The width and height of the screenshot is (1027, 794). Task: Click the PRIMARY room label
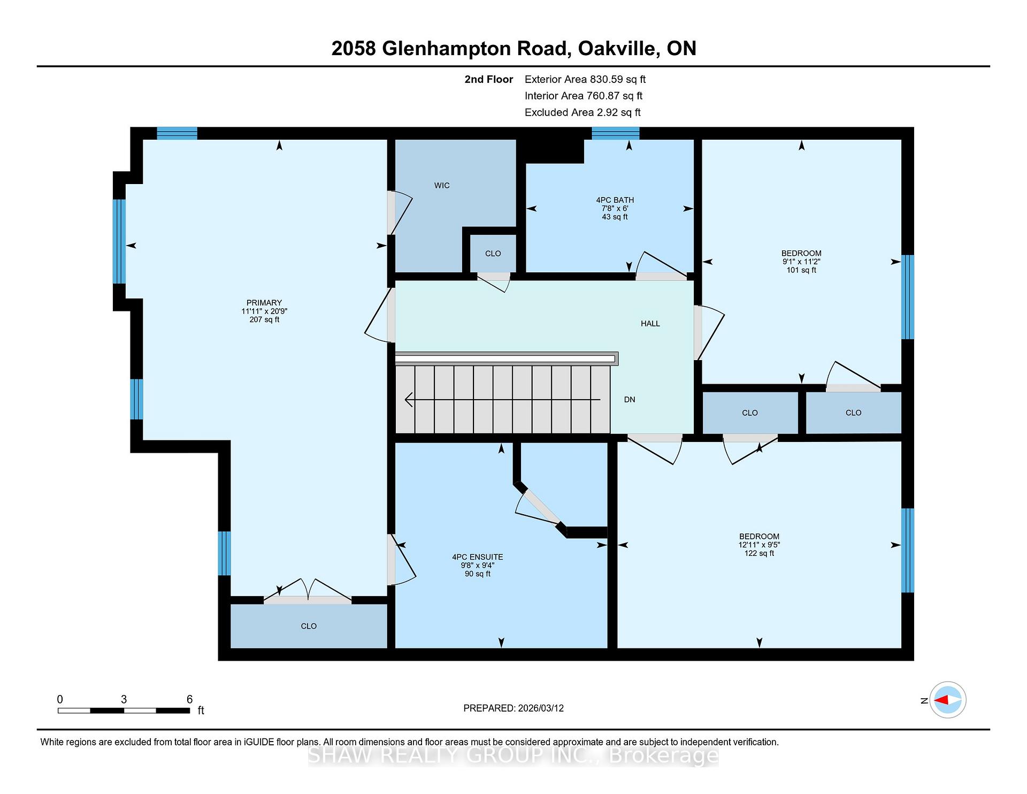coord(264,303)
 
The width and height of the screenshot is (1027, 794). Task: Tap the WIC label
coord(442,186)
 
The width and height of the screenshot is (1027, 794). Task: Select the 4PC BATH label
coord(615,200)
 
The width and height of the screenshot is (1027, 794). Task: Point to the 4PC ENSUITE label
coord(478,557)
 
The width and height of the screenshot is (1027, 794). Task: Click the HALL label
coord(650,324)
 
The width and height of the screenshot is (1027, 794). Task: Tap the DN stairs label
coord(630,400)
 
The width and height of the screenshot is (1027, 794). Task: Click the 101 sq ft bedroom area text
coord(801,270)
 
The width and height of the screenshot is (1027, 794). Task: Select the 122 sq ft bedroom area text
coord(759,553)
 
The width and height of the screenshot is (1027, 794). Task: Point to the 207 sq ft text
coord(264,320)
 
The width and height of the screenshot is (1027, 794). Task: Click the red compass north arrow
coord(941,700)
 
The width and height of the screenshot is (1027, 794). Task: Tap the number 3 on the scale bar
coord(124,699)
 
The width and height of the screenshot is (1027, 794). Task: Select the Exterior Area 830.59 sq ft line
coord(585,79)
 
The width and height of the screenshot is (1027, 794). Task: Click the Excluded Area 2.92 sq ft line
coord(583,112)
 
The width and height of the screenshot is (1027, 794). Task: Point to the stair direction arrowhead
coord(409,400)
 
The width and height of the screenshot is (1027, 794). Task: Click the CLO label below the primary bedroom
coord(309,626)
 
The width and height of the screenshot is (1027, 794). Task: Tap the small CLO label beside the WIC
coord(493,254)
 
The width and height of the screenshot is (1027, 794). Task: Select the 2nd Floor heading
coord(489,79)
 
